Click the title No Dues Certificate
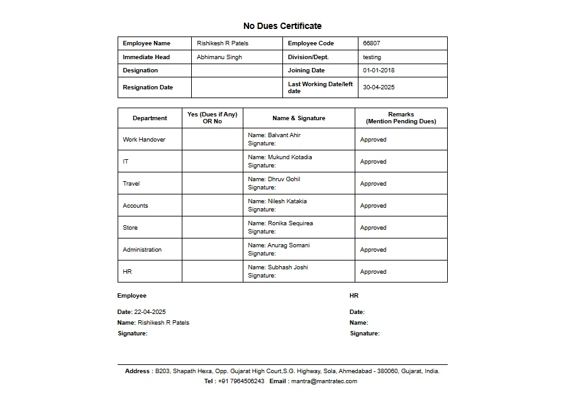282,26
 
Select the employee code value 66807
372,43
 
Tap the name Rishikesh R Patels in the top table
223,43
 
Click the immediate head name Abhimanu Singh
219,57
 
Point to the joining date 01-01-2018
379,70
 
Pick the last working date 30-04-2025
379,87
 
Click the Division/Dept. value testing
372,57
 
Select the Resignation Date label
148,87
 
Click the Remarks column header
401,118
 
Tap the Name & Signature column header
299,118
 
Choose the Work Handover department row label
144,140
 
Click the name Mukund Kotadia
290,157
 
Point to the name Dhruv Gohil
284,179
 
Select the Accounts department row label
135,206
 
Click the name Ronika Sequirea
291,223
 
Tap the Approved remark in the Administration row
373,250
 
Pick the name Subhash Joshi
288,267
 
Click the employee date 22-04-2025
150,312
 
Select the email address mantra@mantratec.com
324,381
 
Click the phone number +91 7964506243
241,381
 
